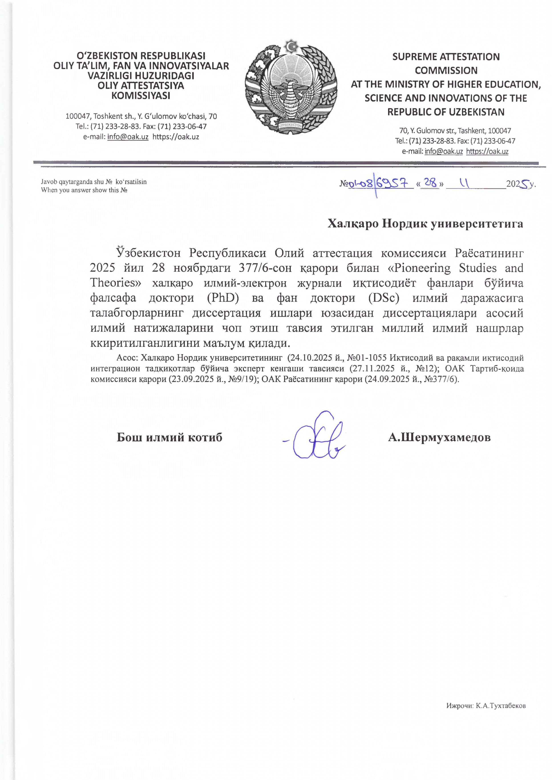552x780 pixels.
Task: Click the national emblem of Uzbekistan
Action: [291, 87]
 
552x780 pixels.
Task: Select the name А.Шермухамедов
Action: [439, 437]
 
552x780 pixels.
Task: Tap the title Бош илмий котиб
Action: [169, 437]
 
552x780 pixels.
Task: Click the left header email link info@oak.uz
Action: [128, 137]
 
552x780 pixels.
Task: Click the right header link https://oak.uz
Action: [487, 151]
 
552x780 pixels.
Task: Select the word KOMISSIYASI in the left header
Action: [141, 96]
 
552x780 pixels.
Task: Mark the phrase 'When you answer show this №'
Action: [84, 190]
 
